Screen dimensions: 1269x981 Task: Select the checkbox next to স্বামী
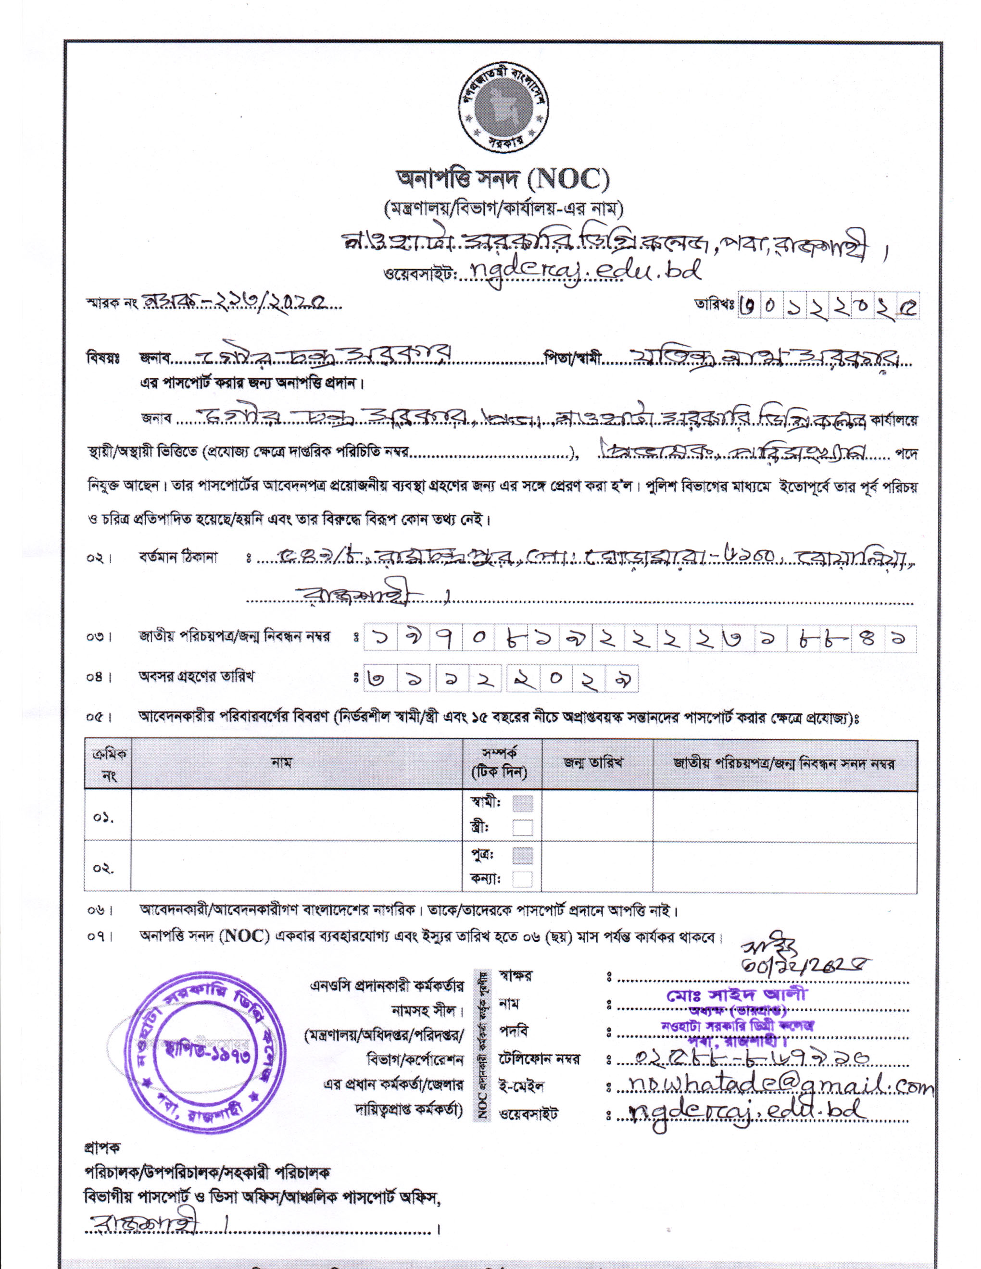[x=522, y=803]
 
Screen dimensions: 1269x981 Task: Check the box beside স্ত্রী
[x=522, y=827]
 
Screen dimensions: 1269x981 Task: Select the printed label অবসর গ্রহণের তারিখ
[x=196, y=676]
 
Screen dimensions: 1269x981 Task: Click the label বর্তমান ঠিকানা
[x=178, y=557]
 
